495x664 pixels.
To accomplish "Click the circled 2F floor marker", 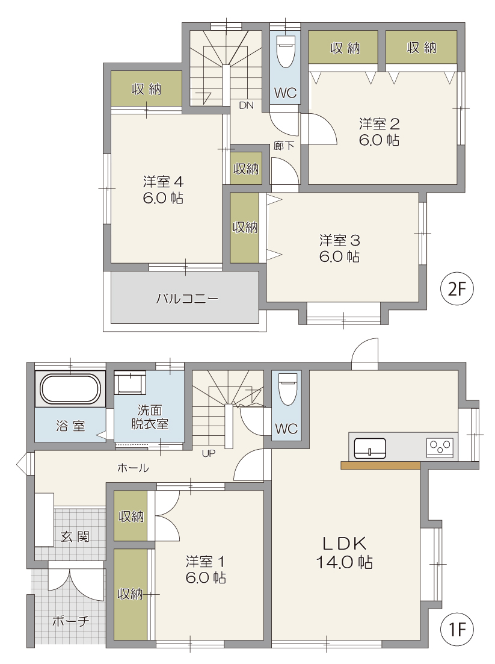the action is pyautogui.click(x=457, y=289).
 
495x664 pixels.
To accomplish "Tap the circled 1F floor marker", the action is pyautogui.click(x=457, y=630).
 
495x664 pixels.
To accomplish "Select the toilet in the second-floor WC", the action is pyautogui.click(x=286, y=51).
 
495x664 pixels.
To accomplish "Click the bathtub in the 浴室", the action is pyautogui.click(x=70, y=388).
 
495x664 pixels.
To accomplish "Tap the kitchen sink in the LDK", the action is pyautogui.click(x=370, y=448).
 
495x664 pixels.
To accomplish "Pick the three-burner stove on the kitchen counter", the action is pyautogui.click(x=440, y=447).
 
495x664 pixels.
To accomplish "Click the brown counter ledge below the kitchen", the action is pyautogui.click(x=380, y=465).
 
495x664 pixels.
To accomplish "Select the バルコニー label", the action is pyautogui.click(x=188, y=299).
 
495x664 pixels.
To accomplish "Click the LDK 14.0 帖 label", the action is pyautogui.click(x=345, y=553).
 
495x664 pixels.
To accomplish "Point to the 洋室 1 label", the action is pyautogui.click(x=205, y=562).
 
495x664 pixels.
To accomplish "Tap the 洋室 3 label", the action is pyautogui.click(x=340, y=241).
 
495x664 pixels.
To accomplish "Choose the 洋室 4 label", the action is pyautogui.click(x=163, y=182).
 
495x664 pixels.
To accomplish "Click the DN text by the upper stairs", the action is pyautogui.click(x=246, y=105).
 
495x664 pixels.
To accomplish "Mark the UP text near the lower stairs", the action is pyautogui.click(x=209, y=453).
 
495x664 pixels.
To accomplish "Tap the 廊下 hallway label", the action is pyautogui.click(x=283, y=146).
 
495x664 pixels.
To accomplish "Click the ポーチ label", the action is pyautogui.click(x=70, y=621).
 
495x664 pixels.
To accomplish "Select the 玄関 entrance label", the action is pyautogui.click(x=75, y=536).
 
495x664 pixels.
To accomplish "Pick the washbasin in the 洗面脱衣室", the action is pyautogui.click(x=130, y=382).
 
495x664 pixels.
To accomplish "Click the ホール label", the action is pyautogui.click(x=133, y=468).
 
